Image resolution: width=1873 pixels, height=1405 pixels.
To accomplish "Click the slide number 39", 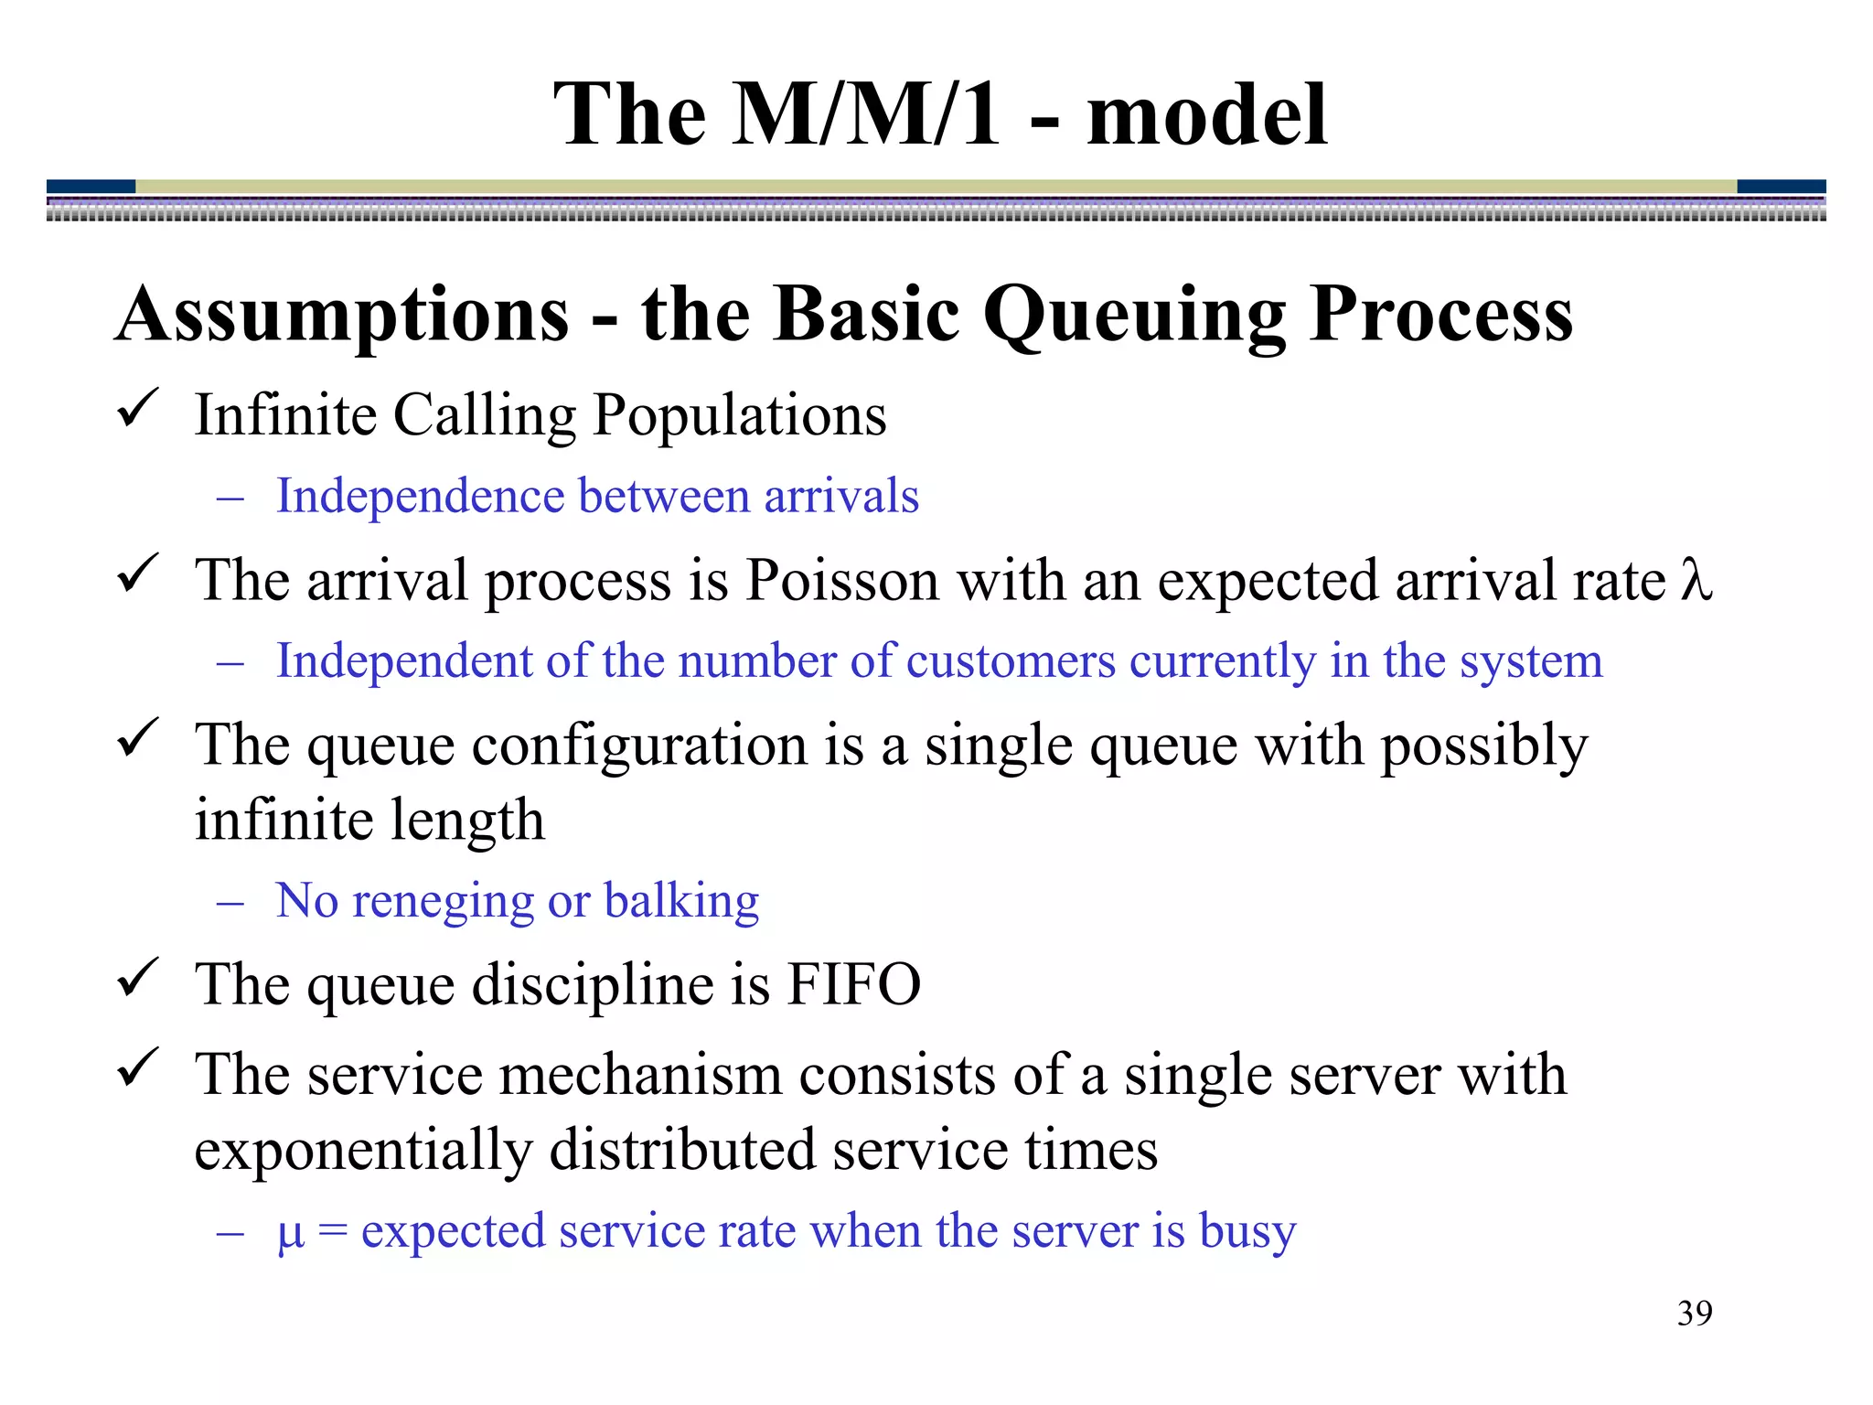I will point(1695,1314).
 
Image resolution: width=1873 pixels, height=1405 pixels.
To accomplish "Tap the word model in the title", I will point(1206,115).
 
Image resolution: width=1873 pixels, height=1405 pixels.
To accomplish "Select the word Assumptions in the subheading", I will point(343,316).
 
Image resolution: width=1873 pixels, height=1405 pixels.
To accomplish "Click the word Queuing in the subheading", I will point(1134,316).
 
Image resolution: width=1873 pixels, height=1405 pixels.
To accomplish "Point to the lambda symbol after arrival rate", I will point(1696,580).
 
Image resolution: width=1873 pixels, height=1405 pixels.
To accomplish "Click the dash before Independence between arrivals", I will point(230,499).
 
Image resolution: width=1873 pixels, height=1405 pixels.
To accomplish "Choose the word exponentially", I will point(363,1150).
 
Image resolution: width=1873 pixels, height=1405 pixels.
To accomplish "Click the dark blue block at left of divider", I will point(91,187).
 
